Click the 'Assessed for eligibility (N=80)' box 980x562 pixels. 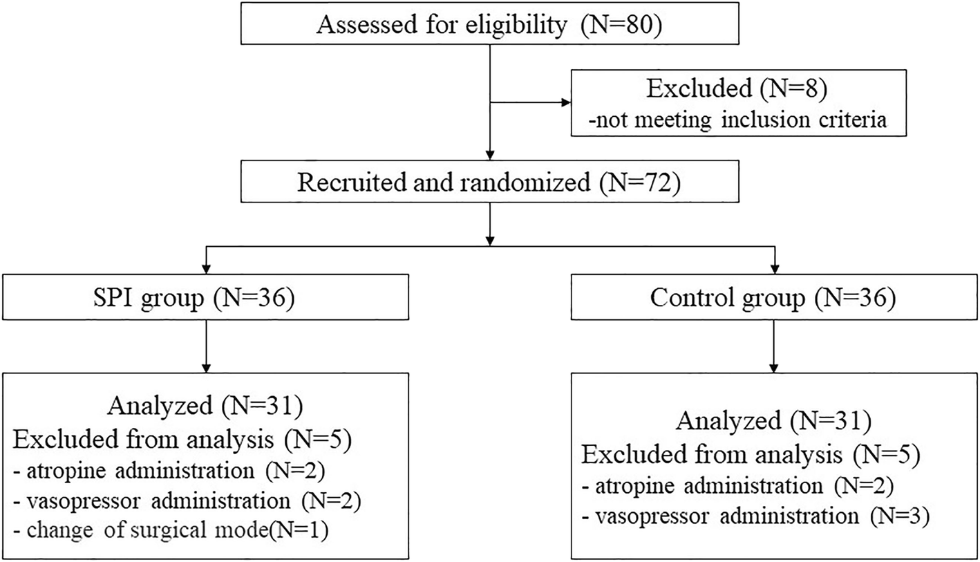[489, 26]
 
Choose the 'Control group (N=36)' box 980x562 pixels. [775, 299]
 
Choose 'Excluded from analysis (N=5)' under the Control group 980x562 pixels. [751, 453]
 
